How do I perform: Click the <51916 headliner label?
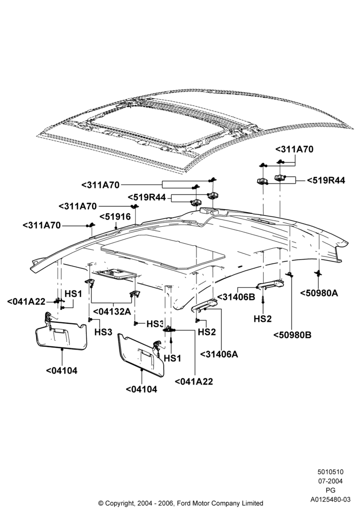click(x=115, y=217)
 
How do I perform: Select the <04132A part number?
click(x=112, y=311)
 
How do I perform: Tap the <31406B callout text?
click(x=236, y=297)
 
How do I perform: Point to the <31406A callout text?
click(x=219, y=354)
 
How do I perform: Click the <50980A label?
click(x=319, y=293)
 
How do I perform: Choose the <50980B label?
click(x=293, y=335)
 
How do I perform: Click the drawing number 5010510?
click(x=330, y=472)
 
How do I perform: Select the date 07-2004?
click(x=330, y=481)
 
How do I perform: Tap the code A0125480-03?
click(x=331, y=500)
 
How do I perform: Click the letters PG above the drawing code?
click(x=331, y=490)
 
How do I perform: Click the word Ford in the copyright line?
click(x=184, y=503)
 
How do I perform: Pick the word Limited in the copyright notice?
click(x=252, y=503)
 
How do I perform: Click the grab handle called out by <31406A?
click(x=205, y=304)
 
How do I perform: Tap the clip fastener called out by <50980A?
click(x=318, y=272)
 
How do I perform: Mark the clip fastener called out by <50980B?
click(x=290, y=274)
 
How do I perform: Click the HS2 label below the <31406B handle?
click(x=263, y=318)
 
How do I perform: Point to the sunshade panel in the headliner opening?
click(x=163, y=251)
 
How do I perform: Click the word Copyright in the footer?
click(x=120, y=503)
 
